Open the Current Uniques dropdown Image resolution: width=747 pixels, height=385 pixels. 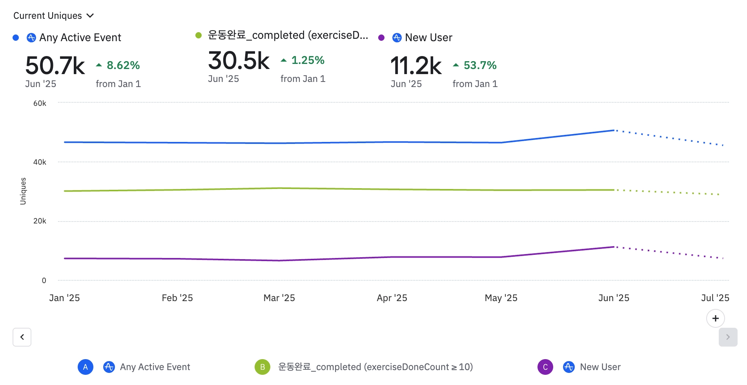click(x=53, y=16)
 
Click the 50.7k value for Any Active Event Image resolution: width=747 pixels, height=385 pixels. click(x=55, y=65)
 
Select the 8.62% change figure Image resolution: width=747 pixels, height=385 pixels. click(x=123, y=65)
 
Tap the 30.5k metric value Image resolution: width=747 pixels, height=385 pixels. click(x=239, y=61)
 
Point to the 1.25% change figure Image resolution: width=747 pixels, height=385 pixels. click(x=308, y=60)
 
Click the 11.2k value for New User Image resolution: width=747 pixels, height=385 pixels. click(x=416, y=65)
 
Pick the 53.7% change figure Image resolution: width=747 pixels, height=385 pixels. click(x=480, y=65)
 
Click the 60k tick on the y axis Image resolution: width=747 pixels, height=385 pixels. click(x=40, y=104)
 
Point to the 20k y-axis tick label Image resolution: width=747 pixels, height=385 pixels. click(x=40, y=221)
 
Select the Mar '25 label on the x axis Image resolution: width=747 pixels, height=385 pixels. click(x=279, y=298)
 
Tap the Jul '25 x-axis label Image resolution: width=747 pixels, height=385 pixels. click(x=715, y=298)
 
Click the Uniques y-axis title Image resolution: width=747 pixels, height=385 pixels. click(x=23, y=191)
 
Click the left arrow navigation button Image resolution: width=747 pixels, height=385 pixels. click(x=22, y=337)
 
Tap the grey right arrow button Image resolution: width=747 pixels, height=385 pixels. click(x=728, y=337)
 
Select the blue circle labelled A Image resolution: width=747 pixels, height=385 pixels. click(x=86, y=367)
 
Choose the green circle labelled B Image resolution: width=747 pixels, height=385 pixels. click(x=262, y=367)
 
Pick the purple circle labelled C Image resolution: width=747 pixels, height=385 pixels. click(x=545, y=367)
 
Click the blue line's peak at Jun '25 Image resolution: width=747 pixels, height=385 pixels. click(x=614, y=130)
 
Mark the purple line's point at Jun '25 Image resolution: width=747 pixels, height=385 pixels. click(x=614, y=247)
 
